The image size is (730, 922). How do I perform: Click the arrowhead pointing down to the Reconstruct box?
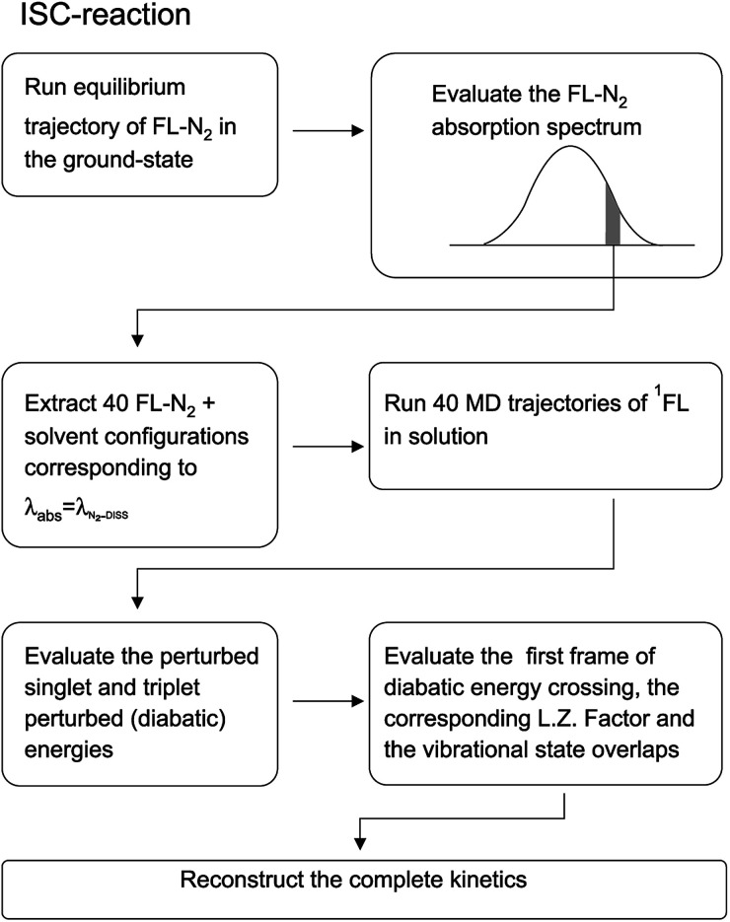pyautogui.click(x=359, y=845)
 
